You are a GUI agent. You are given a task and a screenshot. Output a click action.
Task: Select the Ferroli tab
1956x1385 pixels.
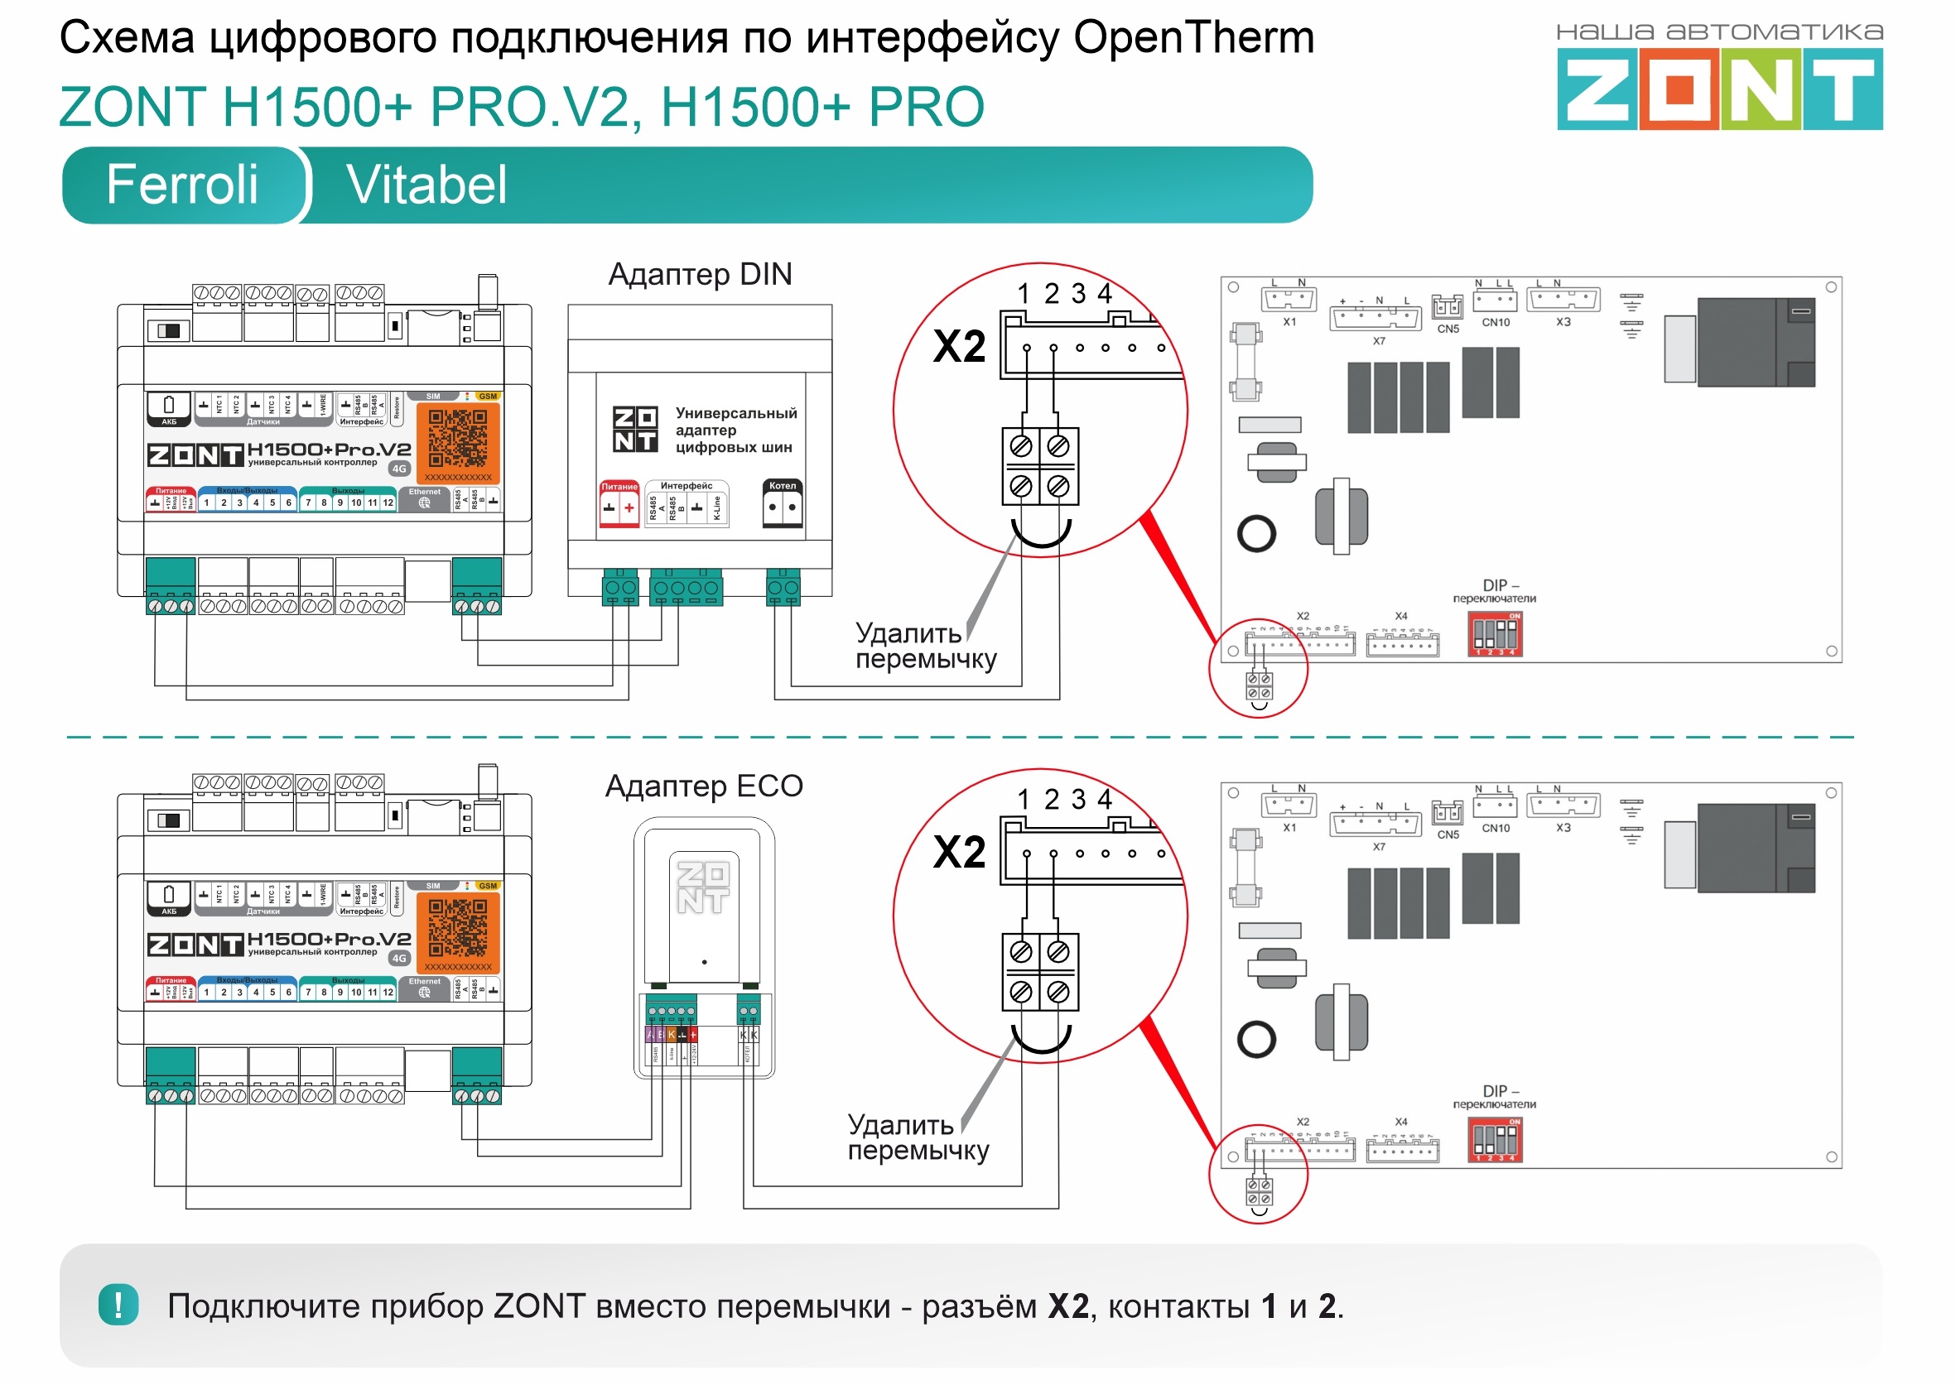pos(181,185)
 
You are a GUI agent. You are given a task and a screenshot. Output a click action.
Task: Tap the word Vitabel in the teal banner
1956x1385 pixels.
pos(426,185)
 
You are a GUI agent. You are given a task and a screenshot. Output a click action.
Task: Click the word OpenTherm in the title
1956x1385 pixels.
pos(1193,37)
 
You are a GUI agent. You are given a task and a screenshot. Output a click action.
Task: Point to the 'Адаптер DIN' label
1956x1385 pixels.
pos(700,275)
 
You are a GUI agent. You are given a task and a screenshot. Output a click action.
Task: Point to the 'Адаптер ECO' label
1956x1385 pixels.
pos(704,786)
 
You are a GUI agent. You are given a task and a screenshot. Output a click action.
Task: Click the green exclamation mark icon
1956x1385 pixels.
pos(118,1306)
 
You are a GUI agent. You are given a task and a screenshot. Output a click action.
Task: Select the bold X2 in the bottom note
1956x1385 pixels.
pos(1068,1306)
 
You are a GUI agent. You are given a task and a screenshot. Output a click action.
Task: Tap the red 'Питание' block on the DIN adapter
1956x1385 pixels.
pos(619,503)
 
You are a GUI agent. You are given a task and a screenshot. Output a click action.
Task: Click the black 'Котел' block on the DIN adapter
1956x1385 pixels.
pos(783,503)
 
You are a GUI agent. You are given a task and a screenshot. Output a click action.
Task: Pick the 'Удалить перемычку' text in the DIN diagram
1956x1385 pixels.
pos(925,647)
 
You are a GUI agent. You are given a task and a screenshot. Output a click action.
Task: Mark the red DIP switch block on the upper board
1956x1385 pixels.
pos(1495,634)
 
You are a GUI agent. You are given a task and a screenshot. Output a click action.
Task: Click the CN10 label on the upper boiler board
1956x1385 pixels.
pos(1496,322)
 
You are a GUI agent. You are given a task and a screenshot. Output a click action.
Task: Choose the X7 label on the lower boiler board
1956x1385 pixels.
pos(1379,847)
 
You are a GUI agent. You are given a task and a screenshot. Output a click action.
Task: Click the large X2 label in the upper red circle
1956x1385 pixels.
pos(959,346)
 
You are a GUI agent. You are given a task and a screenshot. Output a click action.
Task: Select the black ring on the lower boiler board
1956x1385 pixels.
pos(1255,1040)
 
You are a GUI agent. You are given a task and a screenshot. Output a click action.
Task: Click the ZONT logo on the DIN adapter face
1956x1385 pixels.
pos(635,429)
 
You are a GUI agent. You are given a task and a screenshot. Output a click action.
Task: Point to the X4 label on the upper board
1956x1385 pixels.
pos(1400,616)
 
